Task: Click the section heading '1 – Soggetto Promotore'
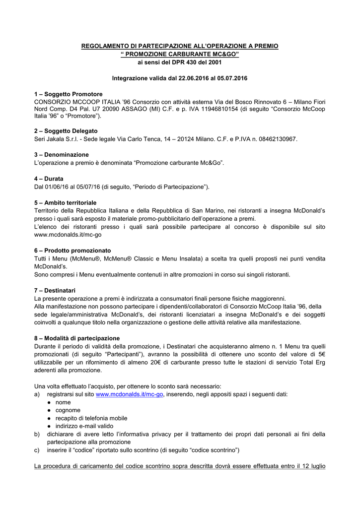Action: [68, 94]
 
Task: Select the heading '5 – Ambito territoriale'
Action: [65, 203]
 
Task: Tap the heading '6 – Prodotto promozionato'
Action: [72, 251]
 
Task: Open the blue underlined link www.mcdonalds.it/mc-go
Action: [129, 394]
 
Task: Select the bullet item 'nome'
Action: [63, 402]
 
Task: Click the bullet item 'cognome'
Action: [68, 410]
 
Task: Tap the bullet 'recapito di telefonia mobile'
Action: [88, 418]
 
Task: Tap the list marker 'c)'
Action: [37, 450]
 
